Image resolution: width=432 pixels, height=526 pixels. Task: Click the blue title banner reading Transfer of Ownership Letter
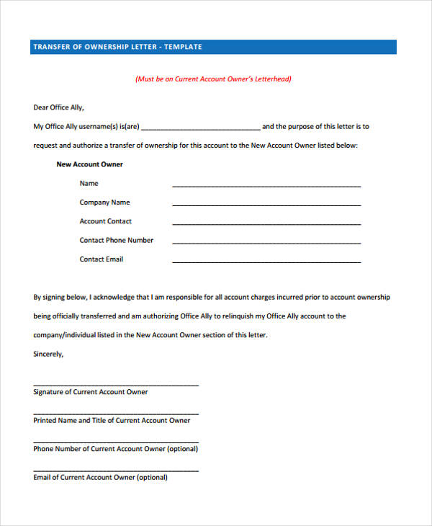[x=214, y=47]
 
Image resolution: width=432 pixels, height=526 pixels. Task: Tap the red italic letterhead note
[x=214, y=79]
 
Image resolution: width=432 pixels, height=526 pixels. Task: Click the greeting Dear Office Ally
[x=59, y=107]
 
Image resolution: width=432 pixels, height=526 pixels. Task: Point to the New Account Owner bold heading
[x=89, y=164]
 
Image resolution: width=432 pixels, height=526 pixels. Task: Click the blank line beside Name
[x=266, y=186]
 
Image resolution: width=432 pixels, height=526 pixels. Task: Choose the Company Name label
[x=104, y=202]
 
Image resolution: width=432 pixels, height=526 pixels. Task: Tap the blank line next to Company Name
[x=266, y=205]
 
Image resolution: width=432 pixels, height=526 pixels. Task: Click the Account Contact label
[x=105, y=221]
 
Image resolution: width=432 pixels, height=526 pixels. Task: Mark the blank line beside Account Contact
[x=266, y=223]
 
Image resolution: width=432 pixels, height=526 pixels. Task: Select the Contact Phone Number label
[x=116, y=240]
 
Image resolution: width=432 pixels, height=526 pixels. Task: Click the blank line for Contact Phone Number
[x=266, y=242]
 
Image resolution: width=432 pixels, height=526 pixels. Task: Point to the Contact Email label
[x=101, y=259]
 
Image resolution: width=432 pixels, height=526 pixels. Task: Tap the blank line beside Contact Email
[x=266, y=261]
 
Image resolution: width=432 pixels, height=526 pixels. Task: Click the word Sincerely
[x=48, y=354]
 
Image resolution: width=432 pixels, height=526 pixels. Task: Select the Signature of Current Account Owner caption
[x=90, y=392]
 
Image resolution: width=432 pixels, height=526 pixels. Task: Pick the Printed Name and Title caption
[x=112, y=420]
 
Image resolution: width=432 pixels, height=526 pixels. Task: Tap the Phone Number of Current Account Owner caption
[x=115, y=448]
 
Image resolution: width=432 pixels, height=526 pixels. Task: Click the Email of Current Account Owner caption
[x=100, y=477]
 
